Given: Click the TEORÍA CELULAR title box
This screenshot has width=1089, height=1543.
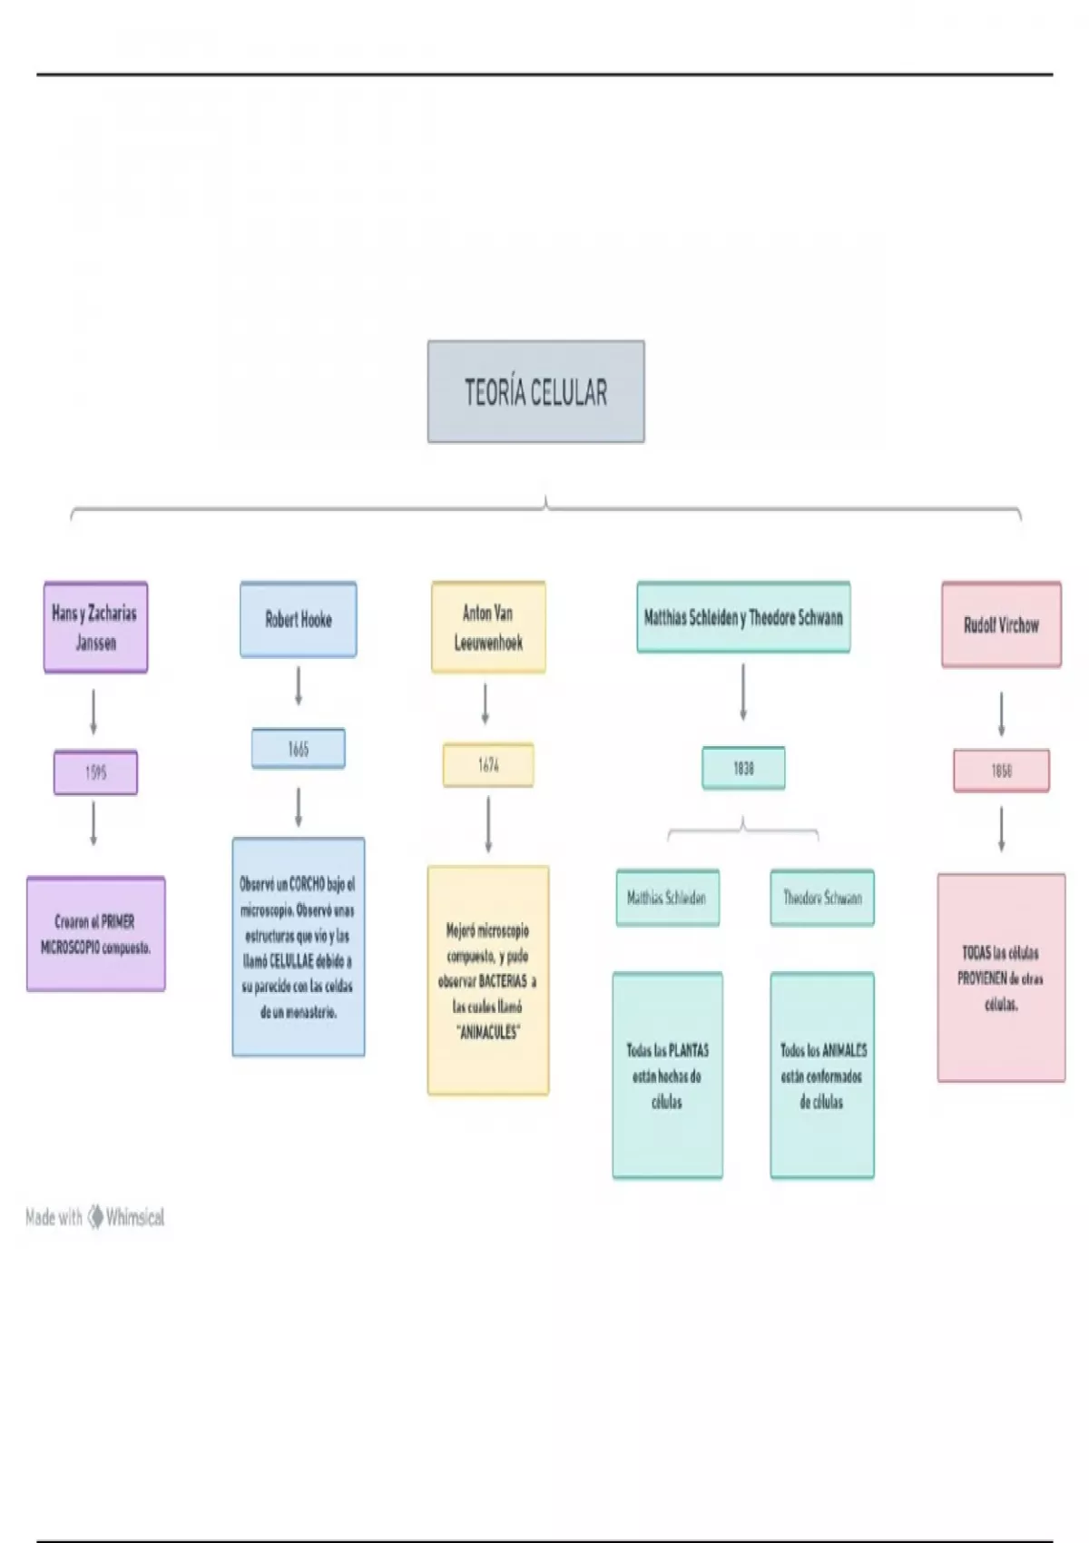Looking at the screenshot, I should pos(535,392).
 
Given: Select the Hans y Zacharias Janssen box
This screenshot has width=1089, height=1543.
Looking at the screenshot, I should pos(95,627).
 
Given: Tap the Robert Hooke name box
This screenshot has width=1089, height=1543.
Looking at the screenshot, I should pos(298,620).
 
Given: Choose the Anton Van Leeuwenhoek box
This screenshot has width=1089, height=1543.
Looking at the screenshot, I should pos(488,627).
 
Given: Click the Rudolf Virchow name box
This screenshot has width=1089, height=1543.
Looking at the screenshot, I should pos(1001,624).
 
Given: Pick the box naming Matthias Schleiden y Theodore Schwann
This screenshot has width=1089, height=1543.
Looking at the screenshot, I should pos(743,618).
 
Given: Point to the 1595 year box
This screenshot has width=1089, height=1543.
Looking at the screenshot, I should pos(95,772).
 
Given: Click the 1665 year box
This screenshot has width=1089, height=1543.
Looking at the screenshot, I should pos(298,749).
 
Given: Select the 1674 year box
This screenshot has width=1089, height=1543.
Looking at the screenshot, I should pos(488,765).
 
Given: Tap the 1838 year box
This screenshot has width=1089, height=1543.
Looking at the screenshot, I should pos(743,768).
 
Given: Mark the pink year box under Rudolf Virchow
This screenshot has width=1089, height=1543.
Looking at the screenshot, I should pos(1001,771).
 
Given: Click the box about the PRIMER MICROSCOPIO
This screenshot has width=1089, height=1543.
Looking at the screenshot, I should pos(95,934).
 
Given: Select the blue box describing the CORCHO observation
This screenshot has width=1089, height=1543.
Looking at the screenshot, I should pos(298,947).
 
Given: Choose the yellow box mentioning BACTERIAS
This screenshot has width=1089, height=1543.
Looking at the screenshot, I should pos(488,980).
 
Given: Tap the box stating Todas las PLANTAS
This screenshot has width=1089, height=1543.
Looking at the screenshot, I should pos(667,1076).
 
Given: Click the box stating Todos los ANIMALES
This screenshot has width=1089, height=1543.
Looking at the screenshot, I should pos(822,1076).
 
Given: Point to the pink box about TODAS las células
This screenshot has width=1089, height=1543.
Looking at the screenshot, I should pos(1001,978).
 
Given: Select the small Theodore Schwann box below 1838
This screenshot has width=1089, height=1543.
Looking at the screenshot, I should pos(822,898).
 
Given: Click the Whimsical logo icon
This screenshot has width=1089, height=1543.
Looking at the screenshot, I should pos(95,1217).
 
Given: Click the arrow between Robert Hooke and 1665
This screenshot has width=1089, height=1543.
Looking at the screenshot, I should pos(298,686).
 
